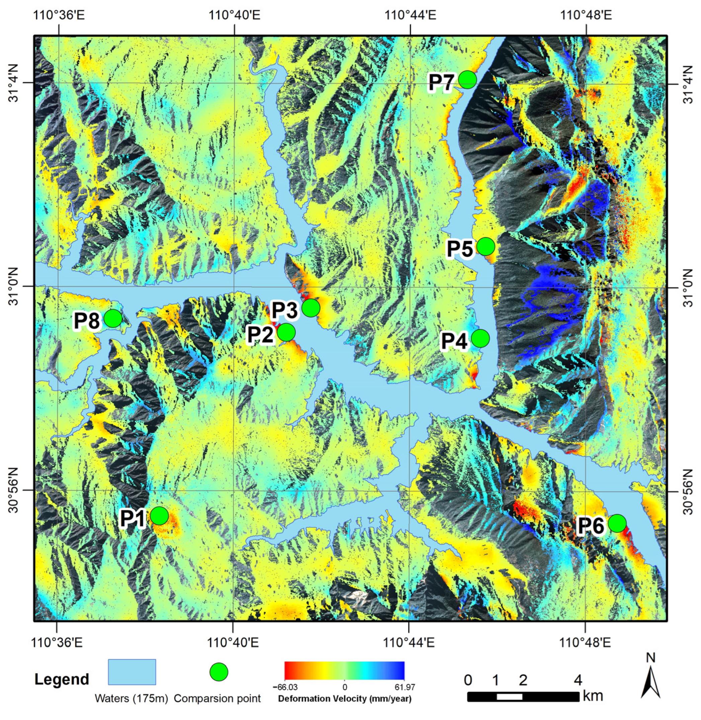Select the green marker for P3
pyautogui.click(x=311, y=308)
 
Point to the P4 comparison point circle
pyautogui.click(x=480, y=338)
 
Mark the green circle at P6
pyautogui.click(x=617, y=523)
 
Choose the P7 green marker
pyautogui.click(x=467, y=79)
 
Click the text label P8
pyautogui.click(x=87, y=321)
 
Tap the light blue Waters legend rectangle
pyautogui.click(x=132, y=672)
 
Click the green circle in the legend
pyautogui.click(x=219, y=672)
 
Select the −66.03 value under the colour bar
pyautogui.click(x=285, y=688)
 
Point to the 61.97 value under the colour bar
pyautogui.click(x=404, y=688)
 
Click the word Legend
pyautogui.click(x=62, y=679)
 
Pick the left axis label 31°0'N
pyautogui.click(x=14, y=287)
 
